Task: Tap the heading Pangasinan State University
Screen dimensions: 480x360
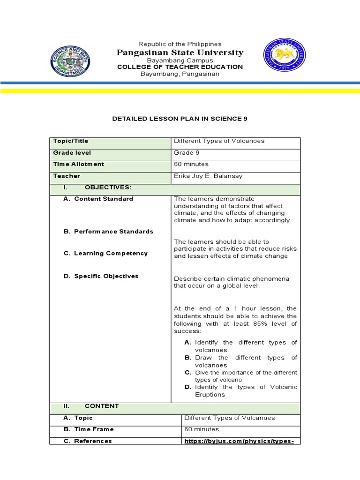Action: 180,52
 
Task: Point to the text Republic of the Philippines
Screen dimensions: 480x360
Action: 180,44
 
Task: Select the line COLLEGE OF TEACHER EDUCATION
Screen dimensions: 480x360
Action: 180,67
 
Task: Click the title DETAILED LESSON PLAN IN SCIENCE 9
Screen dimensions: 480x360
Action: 180,119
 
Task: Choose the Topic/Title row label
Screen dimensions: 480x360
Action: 71,141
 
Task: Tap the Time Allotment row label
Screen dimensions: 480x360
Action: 79,165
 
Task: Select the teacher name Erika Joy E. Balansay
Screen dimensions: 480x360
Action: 208,176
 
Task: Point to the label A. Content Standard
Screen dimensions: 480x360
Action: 98,199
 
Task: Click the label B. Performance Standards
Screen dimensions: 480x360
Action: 108,232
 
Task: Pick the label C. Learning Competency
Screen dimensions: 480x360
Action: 105,254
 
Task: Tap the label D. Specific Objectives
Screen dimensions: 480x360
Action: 101,276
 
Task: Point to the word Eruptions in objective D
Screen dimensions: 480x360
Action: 210,395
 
